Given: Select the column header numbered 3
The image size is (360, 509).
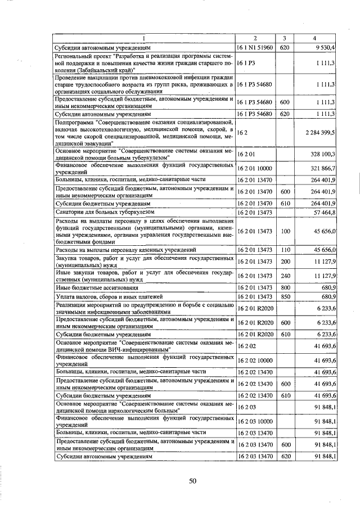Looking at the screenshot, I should click(x=285, y=38).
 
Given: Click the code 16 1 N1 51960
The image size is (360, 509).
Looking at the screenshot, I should click(x=255, y=48).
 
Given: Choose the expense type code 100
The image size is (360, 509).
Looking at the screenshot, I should click(x=285, y=231).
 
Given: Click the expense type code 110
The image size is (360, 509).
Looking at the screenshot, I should click(x=285, y=249).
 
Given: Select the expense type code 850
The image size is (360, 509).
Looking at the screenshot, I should click(x=285, y=296).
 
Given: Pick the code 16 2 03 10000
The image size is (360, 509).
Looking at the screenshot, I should click(x=255, y=421).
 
